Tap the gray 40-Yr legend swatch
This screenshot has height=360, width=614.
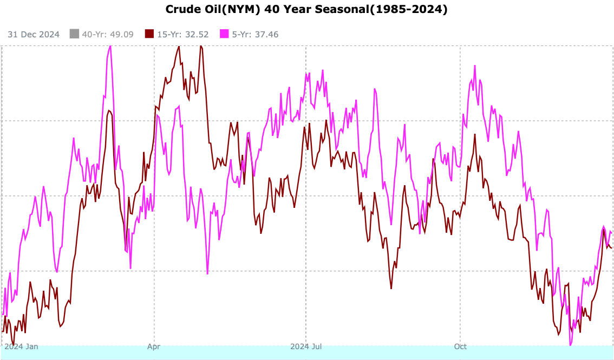coord(75,34)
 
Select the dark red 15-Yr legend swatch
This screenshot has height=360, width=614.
coord(149,34)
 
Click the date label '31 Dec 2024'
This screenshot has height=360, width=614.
coord(34,34)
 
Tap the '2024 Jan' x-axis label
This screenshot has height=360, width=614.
coord(21,346)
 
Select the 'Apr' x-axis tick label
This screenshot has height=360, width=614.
coord(154,346)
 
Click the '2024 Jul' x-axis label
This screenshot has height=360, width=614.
coord(306,346)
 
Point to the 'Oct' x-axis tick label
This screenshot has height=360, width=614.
coord(460,346)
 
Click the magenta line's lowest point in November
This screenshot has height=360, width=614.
coord(570,344)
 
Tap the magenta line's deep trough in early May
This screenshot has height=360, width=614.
coord(207,273)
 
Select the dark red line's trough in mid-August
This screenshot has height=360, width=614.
coord(391,288)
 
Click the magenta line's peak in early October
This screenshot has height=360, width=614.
coord(475,66)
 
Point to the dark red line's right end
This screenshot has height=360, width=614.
coord(612,248)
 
